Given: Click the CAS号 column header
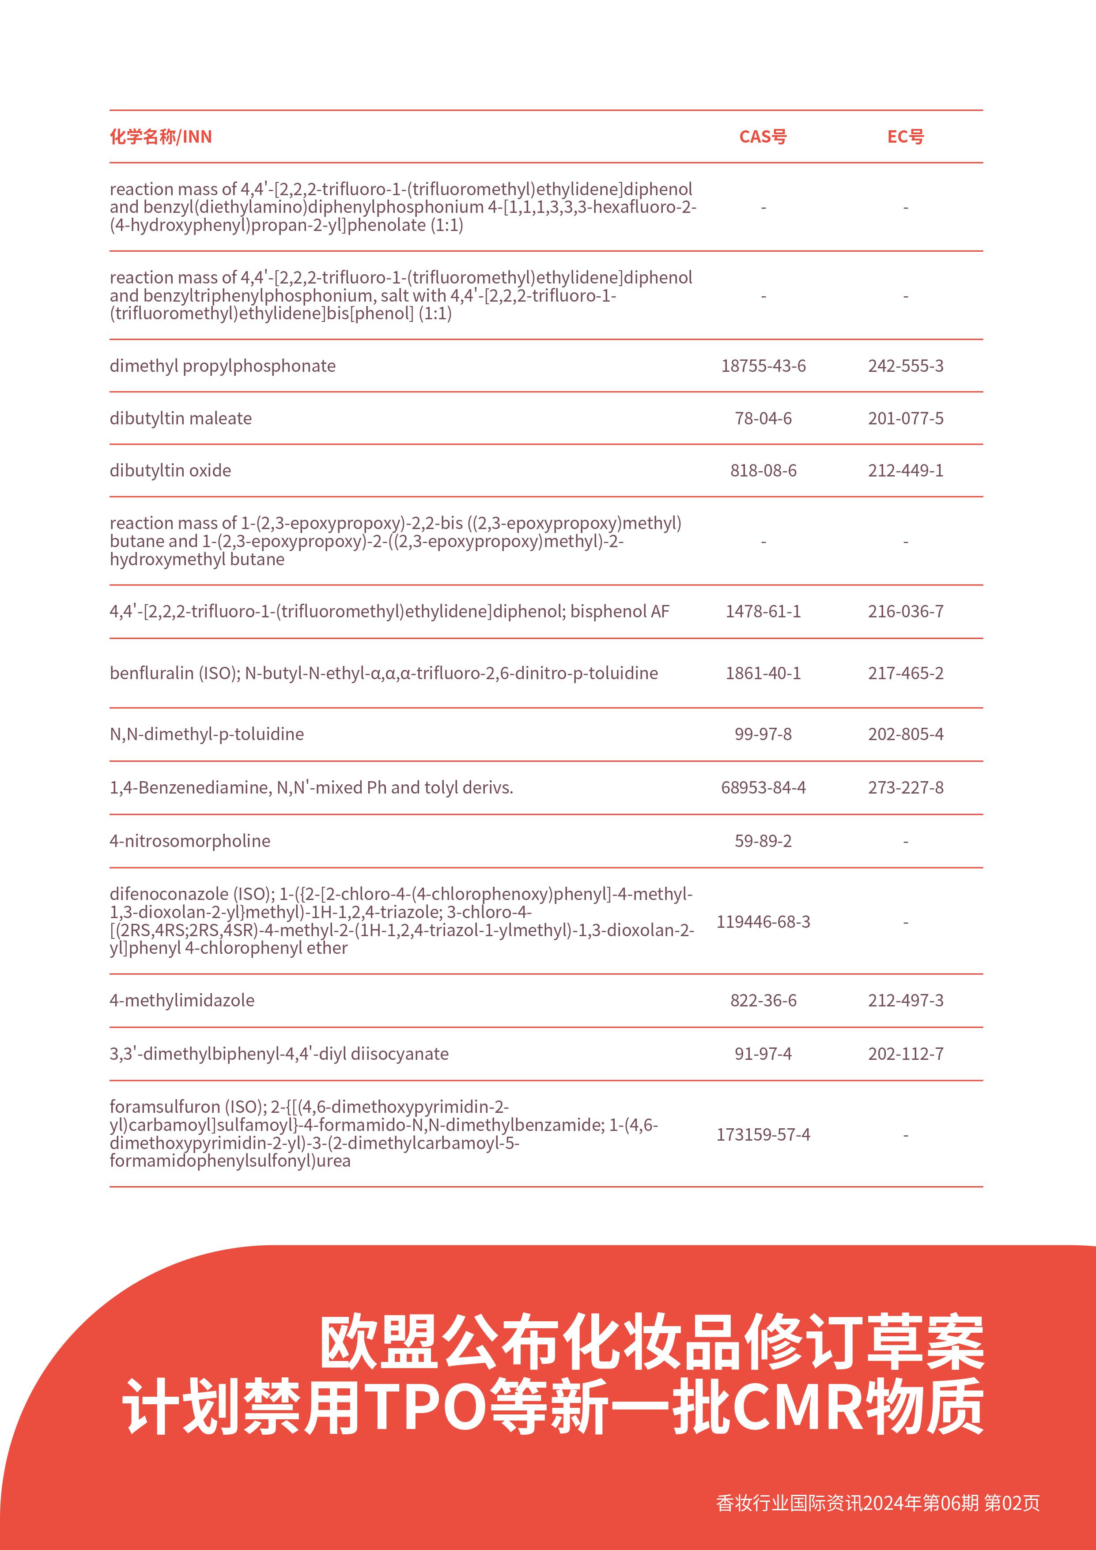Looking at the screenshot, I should coord(763,137).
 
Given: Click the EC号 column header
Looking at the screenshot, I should coord(905,137).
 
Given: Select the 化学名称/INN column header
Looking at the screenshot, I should coord(161,137).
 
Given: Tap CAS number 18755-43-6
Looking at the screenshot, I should coord(763,366).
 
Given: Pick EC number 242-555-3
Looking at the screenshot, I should coord(905,366).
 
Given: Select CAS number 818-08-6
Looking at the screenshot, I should coord(763,471).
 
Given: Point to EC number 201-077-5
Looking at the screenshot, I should coord(905,419).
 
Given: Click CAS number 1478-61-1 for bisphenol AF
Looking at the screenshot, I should coord(763,612).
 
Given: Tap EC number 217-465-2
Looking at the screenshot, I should coord(905,673).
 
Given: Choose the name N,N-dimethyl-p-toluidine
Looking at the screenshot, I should coord(207,734).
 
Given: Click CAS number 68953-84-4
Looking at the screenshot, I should coord(763,788).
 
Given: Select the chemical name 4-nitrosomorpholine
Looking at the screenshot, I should coord(189,841).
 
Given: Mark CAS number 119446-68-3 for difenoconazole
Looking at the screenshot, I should coord(763,922).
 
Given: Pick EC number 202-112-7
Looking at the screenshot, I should coord(905,1054).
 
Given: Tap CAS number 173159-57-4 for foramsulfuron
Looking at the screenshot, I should coord(763,1135).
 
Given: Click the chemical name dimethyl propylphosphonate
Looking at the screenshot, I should coord(222,366).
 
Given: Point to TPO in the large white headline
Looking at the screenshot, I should coord(425,1407).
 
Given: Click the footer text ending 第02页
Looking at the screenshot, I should coord(877,1503).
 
